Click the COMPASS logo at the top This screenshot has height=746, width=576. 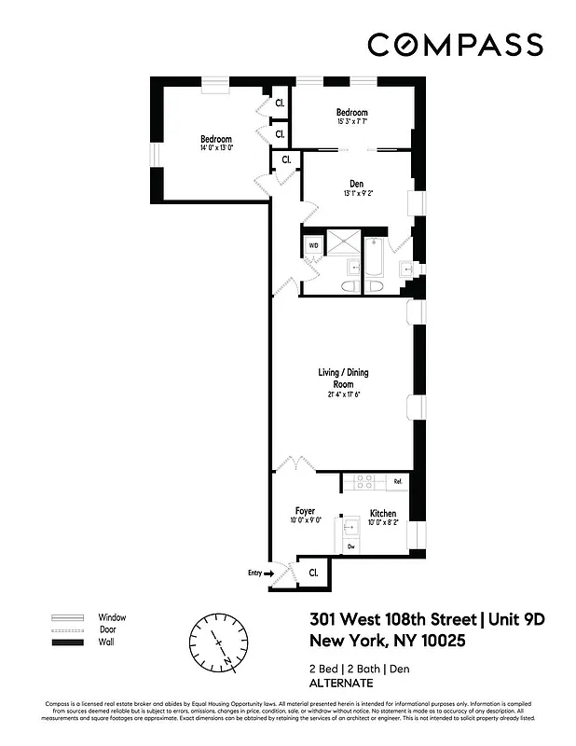pos(454,45)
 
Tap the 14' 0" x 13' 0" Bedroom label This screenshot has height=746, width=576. pos(215,144)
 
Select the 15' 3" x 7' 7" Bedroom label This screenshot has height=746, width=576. pos(352,117)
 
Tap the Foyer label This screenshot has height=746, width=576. pos(305,517)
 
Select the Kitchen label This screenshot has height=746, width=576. pos(383,518)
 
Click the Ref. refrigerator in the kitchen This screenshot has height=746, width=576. pos(397,482)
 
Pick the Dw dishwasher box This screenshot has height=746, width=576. pos(351,546)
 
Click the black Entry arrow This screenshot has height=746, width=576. pos(269,573)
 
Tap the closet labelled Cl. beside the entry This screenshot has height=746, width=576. pos(312,573)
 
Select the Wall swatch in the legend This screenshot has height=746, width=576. pos(66,643)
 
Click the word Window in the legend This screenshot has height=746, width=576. pos(112,617)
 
